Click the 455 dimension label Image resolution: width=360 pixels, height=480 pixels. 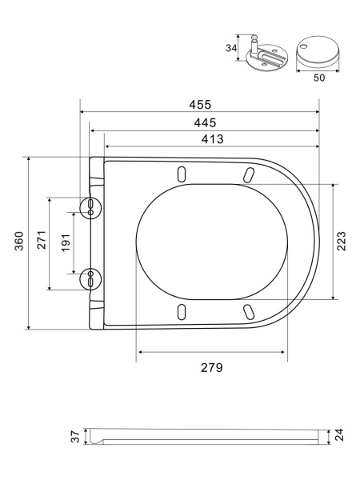tap(200, 105)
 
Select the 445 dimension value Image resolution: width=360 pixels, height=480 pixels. tap(205, 122)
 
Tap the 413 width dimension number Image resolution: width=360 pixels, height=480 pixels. tap(212, 139)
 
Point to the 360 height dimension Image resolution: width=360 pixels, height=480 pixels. tap(19, 241)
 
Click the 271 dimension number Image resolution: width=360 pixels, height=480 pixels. tap(42, 240)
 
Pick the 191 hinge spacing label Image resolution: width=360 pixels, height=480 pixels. tap(66, 242)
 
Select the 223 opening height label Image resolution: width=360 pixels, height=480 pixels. tap(341, 242)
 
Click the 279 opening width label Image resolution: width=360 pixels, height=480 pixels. tap(211, 367)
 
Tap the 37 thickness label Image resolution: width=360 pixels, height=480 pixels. tap(75, 436)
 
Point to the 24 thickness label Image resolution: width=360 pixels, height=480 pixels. tap(339, 434)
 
